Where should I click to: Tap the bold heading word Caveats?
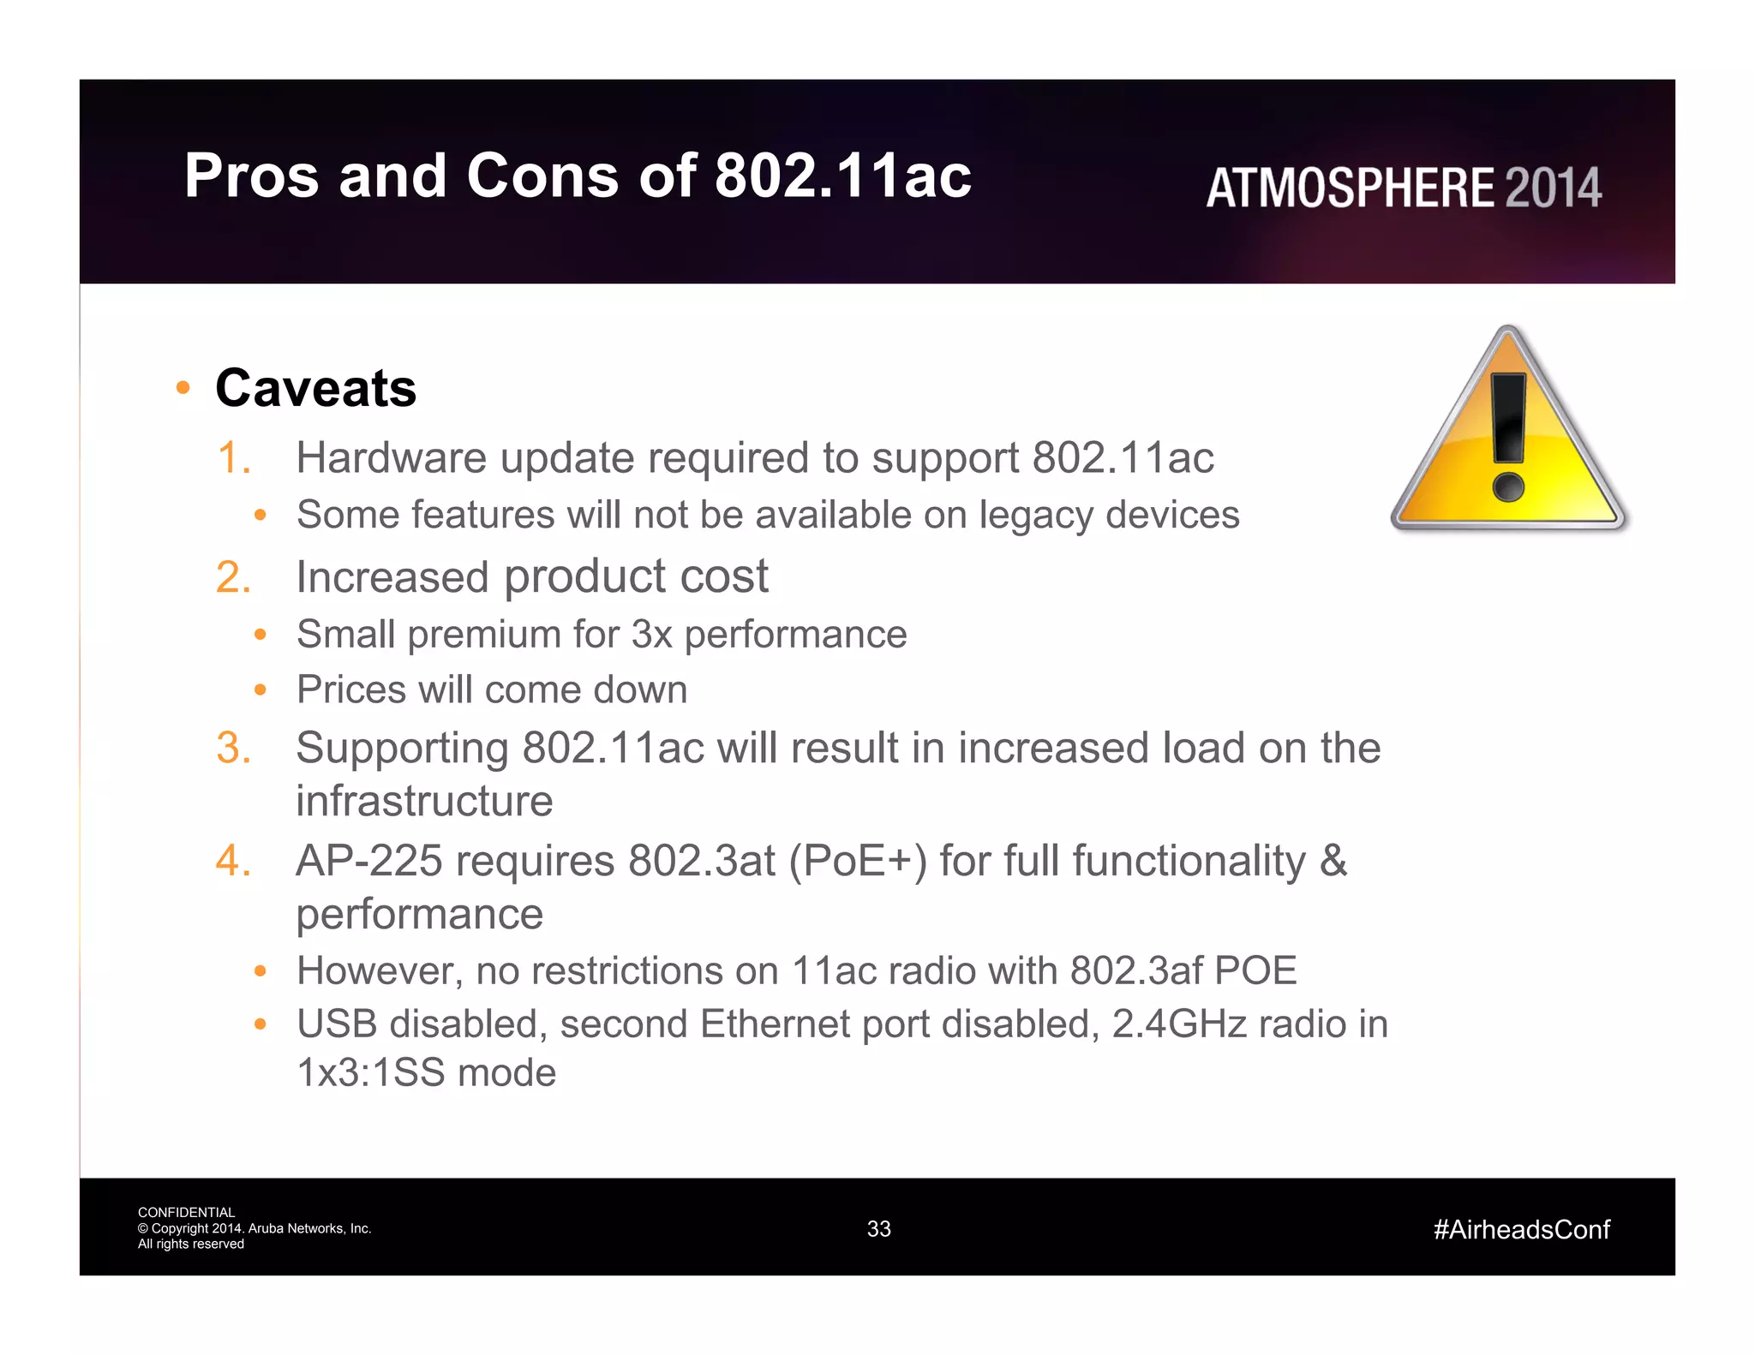[x=315, y=388]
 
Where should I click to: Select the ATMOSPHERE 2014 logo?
[x=1403, y=188]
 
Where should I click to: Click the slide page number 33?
[x=878, y=1229]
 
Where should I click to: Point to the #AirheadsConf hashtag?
[x=1521, y=1230]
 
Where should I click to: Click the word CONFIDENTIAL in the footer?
[x=186, y=1212]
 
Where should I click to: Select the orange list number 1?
[x=233, y=457]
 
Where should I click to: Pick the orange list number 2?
[x=233, y=576]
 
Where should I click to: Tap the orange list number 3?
[x=233, y=748]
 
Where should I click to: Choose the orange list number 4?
[x=233, y=861]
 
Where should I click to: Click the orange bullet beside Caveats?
[x=182, y=388]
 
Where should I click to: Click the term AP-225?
[x=368, y=861]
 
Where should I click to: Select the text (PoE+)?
[x=858, y=861]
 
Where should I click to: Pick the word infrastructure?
[x=424, y=801]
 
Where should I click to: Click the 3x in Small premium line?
[x=651, y=635]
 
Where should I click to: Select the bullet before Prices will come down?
[x=261, y=689]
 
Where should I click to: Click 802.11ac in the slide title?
[x=842, y=176]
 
